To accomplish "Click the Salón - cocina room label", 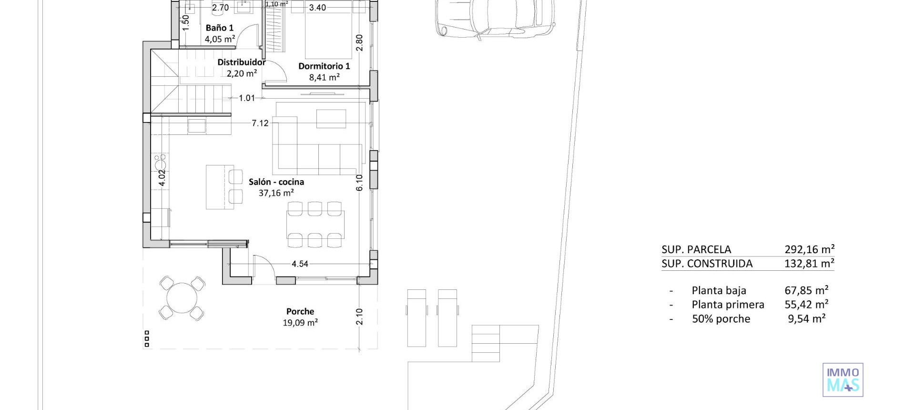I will (276, 182).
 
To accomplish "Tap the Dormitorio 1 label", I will (324, 66).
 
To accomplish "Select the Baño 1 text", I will (219, 28).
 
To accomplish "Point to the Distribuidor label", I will (241, 62).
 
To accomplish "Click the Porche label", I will (300, 311).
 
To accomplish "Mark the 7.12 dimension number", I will (260, 123).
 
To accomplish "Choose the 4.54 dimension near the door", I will (300, 264).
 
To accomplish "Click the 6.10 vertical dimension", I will (359, 183).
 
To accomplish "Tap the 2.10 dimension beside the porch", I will (359, 317).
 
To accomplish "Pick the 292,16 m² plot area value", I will (809, 249).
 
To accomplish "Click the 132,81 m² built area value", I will (809, 263).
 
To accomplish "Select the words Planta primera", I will (728, 305).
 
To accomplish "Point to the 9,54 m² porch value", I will (806, 319).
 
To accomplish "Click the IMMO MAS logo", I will (843, 380).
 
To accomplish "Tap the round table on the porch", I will (182, 298).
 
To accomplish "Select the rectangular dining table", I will (315, 224).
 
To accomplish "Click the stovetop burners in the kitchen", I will (160, 162).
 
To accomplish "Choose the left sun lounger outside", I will (417, 318).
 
